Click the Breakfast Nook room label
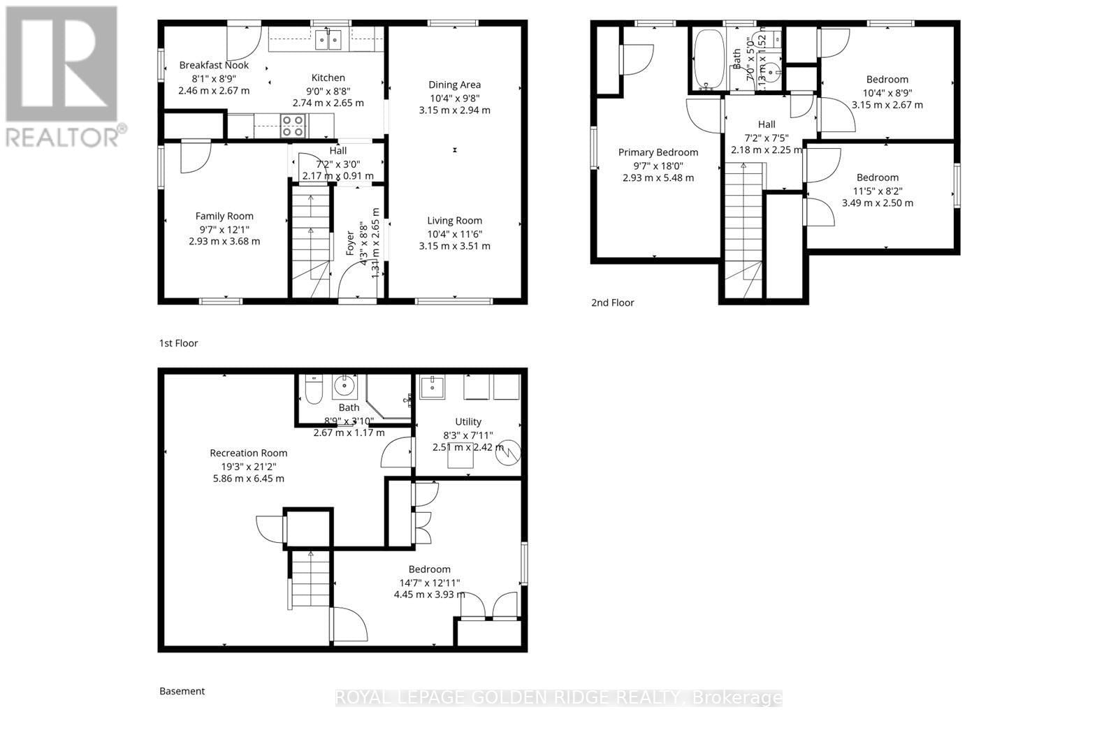pos(214,65)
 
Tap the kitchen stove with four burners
pos(293,126)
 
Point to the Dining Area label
pos(454,85)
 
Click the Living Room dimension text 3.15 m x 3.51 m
pos(454,246)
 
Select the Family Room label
pos(224,216)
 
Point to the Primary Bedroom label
pos(658,152)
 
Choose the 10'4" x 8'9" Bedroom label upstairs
pos(887,80)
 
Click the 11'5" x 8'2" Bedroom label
pos(878,177)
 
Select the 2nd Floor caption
pos(612,303)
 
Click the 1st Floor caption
pos(178,343)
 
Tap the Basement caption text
pos(182,691)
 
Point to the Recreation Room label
pos(248,453)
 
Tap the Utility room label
pos(467,421)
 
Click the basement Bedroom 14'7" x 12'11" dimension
pos(429,582)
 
